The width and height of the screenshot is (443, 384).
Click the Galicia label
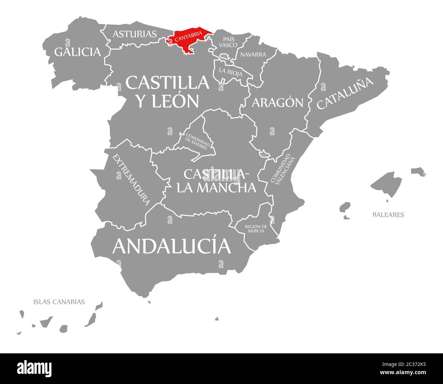[x=78, y=52]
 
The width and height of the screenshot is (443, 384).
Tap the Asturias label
[x=135, y=34]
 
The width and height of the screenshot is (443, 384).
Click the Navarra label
[x=253, y=55]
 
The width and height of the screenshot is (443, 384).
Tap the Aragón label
[x=277, y=102]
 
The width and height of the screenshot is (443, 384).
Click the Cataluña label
[x=345, y=93]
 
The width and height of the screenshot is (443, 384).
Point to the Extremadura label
[x=131, y=180]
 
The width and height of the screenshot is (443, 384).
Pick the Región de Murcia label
[x=256, y=229]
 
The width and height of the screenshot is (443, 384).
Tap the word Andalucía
[x=172, y=246]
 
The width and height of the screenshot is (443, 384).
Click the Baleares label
[x=388, y=215]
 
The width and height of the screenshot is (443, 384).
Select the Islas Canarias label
[x=59, y=302]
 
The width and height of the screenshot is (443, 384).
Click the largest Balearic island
[x=387, y=184]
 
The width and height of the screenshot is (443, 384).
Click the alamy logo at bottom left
[x=34, y=369]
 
